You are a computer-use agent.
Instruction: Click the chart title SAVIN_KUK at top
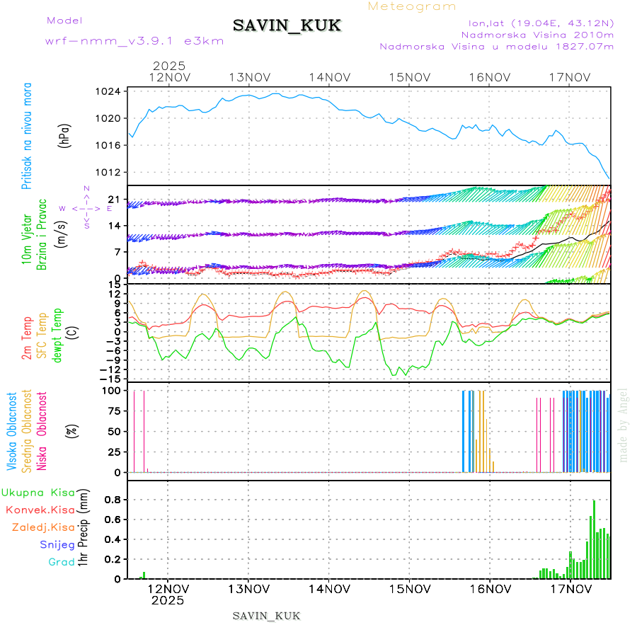[x=287, y=26]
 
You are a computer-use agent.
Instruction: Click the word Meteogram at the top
[x=412, y=6]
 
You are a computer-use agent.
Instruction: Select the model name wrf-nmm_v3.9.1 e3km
[x=134, y=41]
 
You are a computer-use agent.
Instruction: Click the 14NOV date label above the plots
[x=330, y=77]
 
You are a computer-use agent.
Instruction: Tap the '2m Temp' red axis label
[x=26, y=338]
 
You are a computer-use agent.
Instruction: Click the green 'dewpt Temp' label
[x=57, y=334]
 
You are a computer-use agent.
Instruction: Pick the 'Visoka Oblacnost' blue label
[x=12, y=431]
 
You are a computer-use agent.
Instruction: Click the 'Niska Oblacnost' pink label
[x=42, y=431]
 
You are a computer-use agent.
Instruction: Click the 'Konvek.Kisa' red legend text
[x=40, y=510]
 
